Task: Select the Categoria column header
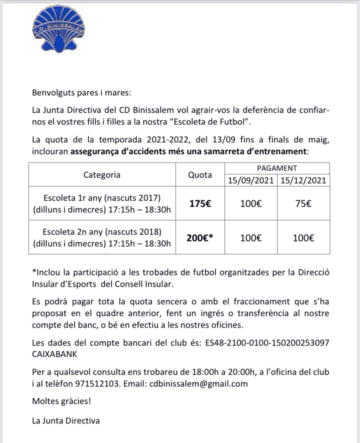(102, 175)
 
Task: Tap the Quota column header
(200, 175)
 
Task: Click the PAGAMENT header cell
(277, 168)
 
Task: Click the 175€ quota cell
(200, 203)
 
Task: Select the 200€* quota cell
(200, 238)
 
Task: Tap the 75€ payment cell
(303, 203)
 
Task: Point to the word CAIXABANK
(54, 354)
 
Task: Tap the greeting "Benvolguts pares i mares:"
(75, 92)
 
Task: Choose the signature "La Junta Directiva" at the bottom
(66, 420)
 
